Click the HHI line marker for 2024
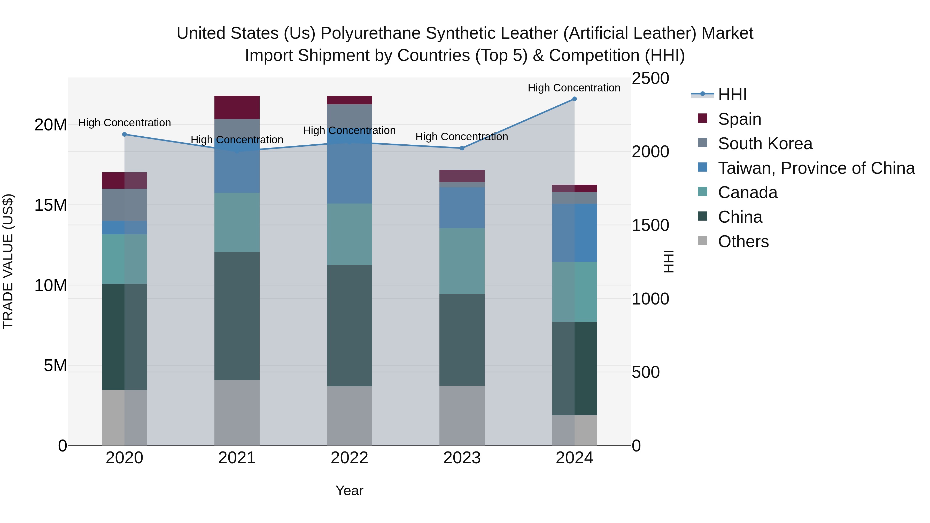click(574, 99)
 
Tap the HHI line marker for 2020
click(125, 134)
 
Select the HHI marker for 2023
click(462, 148)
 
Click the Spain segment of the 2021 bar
click(237, 107)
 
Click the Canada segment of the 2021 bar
click(237, 222)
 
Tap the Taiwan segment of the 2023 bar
click(462, 208)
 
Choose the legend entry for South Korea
click(765, 144)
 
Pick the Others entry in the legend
click(743, 241)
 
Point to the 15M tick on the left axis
click(51, 205)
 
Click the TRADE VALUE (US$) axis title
click(8, 261)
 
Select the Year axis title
click(349, 490)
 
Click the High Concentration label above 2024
click(574, 88)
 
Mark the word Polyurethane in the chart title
click(370, 33)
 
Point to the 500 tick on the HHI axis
click(646, 372)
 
